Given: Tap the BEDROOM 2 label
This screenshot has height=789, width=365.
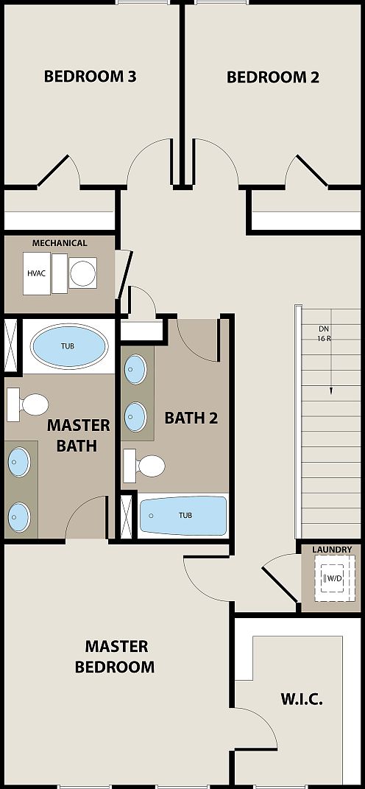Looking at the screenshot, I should [272, 77].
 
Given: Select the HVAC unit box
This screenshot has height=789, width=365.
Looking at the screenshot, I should [37, 273].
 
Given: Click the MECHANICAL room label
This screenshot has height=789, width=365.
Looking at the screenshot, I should [59, 242].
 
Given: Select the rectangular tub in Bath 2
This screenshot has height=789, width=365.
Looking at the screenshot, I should [184, 515].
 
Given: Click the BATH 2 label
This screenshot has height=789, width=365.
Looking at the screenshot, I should [191, 418].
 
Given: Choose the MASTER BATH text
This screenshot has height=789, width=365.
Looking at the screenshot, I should [78, 435].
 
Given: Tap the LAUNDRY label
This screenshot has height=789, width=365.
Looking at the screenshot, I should [332, 550].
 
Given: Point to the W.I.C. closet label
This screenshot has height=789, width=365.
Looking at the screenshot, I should [302, 699].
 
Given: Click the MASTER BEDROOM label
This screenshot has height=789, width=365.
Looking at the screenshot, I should [116, 656].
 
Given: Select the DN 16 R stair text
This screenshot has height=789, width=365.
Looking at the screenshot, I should [325, 333].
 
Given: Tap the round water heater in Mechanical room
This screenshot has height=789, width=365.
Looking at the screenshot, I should [82, 273].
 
